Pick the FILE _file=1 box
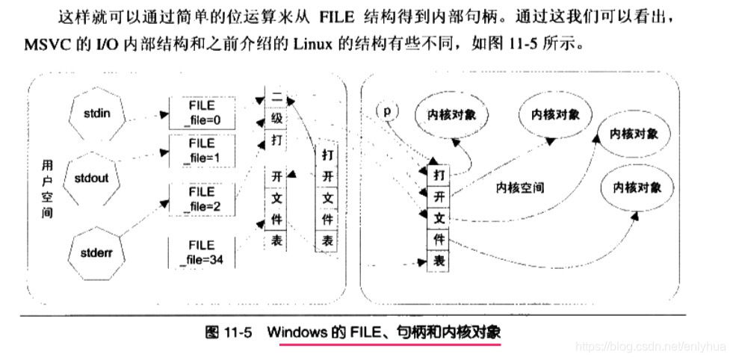(x=202, y=151)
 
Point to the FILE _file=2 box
(x=202, y=199)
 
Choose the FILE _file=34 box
(x=202, y=252)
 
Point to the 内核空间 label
(x=520, y=187)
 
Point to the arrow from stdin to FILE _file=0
(x=145, y=116)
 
